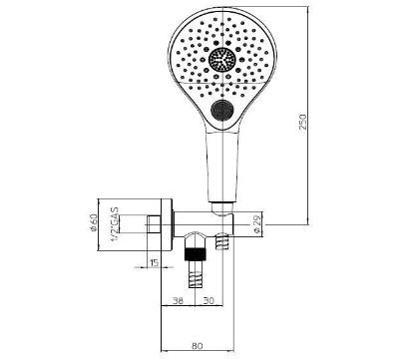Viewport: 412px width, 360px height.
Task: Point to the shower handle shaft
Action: coord(220,165)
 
